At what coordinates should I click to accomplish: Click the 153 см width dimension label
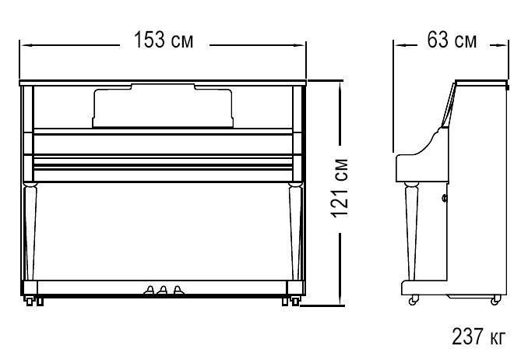pos(163,40)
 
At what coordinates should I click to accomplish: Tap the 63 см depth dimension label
pos(452,40)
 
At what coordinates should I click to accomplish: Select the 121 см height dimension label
pos(340,189)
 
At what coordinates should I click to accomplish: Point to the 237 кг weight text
pos(478,336)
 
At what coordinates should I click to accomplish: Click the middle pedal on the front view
pos(163,290)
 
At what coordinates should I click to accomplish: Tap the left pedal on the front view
pos(150,290)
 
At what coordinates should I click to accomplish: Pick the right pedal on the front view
pos(178,290)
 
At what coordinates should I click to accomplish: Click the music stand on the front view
pos(163,106)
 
